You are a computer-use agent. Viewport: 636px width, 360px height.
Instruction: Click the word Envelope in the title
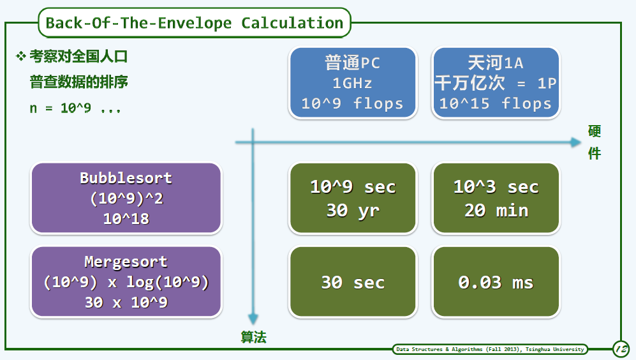pyautogui.click(x=195, y=23)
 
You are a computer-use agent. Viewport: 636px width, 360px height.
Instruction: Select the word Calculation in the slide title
pyautogui.click(x=292, y=23)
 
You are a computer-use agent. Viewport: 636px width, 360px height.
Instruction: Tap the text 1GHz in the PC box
pyautogui.click(x=352, y=83)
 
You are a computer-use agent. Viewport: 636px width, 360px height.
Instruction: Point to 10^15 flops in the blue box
pyautogui.click(x=495, y=103)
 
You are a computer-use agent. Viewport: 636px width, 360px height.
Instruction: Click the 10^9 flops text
pyautogui.click(x=352, y=103)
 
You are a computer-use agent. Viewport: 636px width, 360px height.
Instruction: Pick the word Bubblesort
pyautogui.click(x=126, y=178)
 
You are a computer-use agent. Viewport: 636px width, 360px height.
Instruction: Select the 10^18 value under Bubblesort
pyautogui.click(x=126, y=219)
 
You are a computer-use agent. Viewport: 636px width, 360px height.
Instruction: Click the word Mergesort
pyautogui.click(x=126, y=262)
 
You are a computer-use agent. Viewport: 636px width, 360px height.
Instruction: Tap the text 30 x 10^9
pyautogui.click(x=126, y=303)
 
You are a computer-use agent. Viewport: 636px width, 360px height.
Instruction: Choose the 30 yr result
pyautogui.click(x=353, y=211)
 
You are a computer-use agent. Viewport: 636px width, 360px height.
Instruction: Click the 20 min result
pyautogui.click(x=496, y=211)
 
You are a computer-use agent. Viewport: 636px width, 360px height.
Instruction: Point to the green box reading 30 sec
pyautogui.click(x=353, y=281)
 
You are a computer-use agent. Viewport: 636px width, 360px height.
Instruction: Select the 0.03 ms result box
pyautogui.click(x=496, y=281)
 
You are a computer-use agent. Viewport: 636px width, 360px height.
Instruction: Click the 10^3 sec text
pyautogui.click(x=496, y=187)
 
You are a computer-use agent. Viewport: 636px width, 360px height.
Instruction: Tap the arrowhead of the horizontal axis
pyautogui.click(x=575, y=142)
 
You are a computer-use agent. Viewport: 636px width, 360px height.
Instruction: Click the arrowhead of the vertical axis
pyautogui.click(x=253, y=319)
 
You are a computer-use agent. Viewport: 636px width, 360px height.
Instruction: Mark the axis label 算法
pyautogui.click(x=253, y=337)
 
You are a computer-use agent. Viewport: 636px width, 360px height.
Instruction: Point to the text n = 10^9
pyautogui.click(x=61, y=108)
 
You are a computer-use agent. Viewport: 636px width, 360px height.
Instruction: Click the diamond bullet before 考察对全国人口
pyautogui.click(x=20, y=56)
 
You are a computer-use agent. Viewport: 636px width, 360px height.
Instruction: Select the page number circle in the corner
pyautogui.click(x=621, y=349)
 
